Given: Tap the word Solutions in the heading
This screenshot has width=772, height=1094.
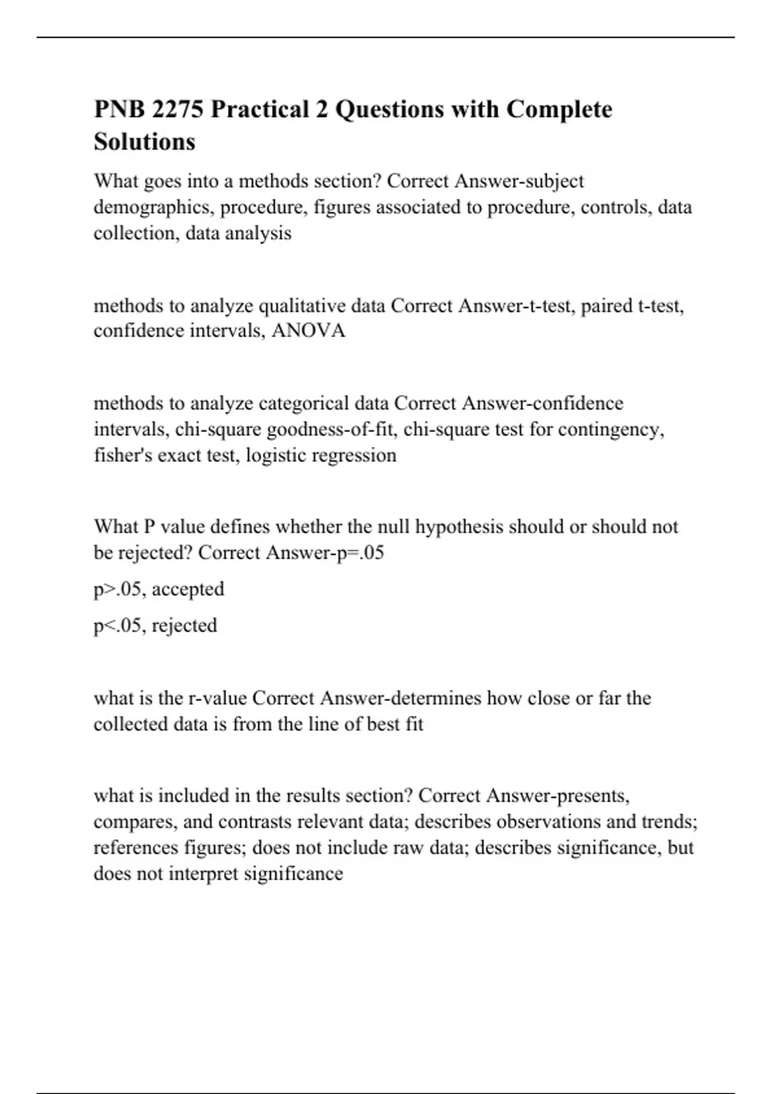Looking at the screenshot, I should [144, 142].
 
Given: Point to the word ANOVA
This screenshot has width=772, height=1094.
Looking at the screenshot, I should [309, 331].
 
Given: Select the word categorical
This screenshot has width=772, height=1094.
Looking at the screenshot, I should [304, 403].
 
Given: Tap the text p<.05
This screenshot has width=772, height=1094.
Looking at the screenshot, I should [117, 626].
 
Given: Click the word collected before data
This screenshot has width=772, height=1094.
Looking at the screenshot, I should [131, 724].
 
